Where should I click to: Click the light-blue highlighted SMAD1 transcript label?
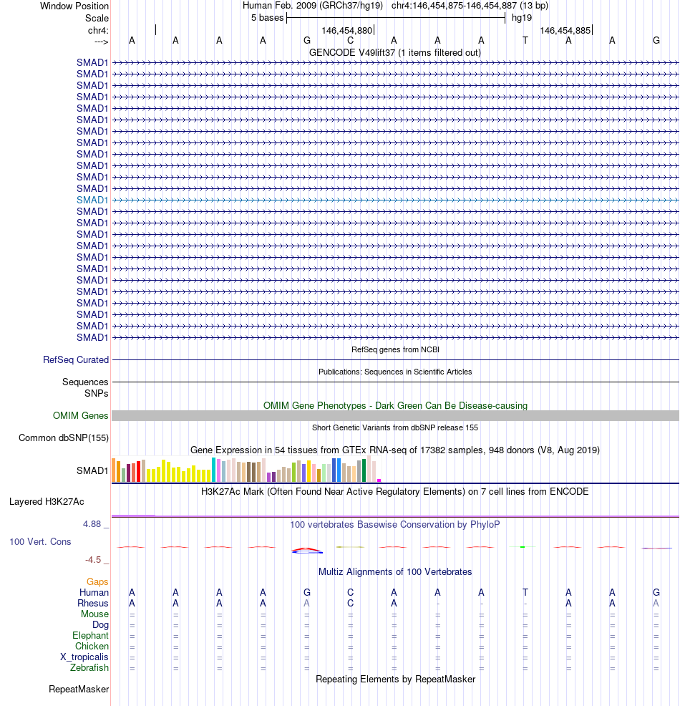pyautogui.click(x=92, y=200)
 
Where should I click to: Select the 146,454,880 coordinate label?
pyautogui.click(x=347, y=30)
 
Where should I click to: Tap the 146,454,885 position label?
pyautogui.click(x=565, y=30)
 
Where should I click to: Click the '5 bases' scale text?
pyautogui.click(x=267, y=17)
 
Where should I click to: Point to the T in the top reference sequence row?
pyautogui.click(x=525, y=40)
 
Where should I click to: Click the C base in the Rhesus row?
pyautogui.click(x=351, y=603)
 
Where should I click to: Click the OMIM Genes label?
pyautogui.click(x=81, y=415)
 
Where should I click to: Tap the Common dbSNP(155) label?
pyautogui.click(x=64, y=438)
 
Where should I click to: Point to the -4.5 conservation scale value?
pyautogui.click(x=94, y=559)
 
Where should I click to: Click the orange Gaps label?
pyautogui.click(x=97, y=581)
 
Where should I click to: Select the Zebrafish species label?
pyautogui.click(x=89, y=668)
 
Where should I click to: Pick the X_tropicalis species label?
pyautogui.click(x=84, y=657)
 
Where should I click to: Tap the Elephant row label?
pyautogui.click(x=90, y=635)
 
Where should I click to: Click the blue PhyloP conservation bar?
pyautogui.click(x=307, y=551)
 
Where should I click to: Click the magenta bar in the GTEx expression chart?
pyautogui.click(x=379, y=480)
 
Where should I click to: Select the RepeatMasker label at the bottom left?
pyautogui.click(x=79, y=689)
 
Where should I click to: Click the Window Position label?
pyautogui.click(x=74, y=6)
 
